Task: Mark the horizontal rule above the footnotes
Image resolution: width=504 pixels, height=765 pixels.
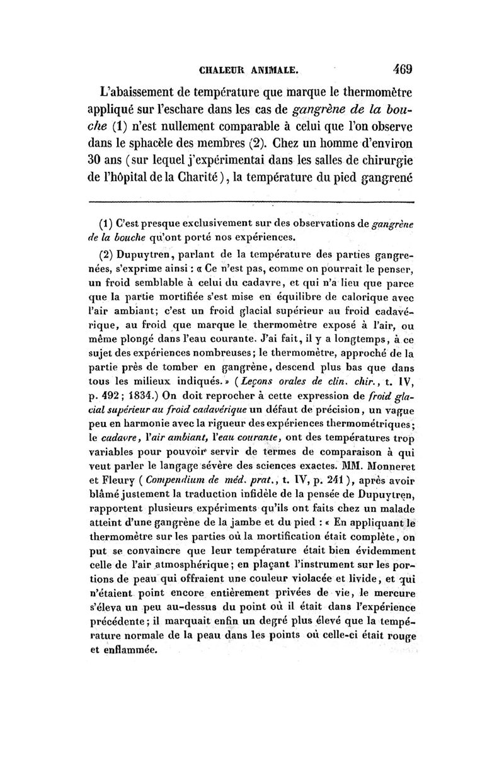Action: click(x=251, y=202)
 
